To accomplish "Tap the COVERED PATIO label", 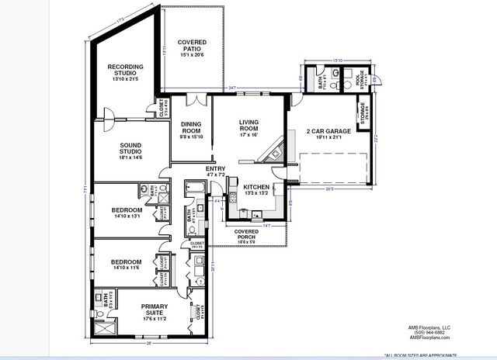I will click(x=190, y=46).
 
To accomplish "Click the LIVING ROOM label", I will click(x=248, y=126).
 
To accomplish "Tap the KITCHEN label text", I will click(x=256, y=188).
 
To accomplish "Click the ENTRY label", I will click(x=215, y=169).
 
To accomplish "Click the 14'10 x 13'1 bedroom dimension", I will click(x=126, y=216).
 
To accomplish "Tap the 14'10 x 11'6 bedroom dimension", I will click(x=126, y=268).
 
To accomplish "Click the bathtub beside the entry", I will click(x=194, y=187).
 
